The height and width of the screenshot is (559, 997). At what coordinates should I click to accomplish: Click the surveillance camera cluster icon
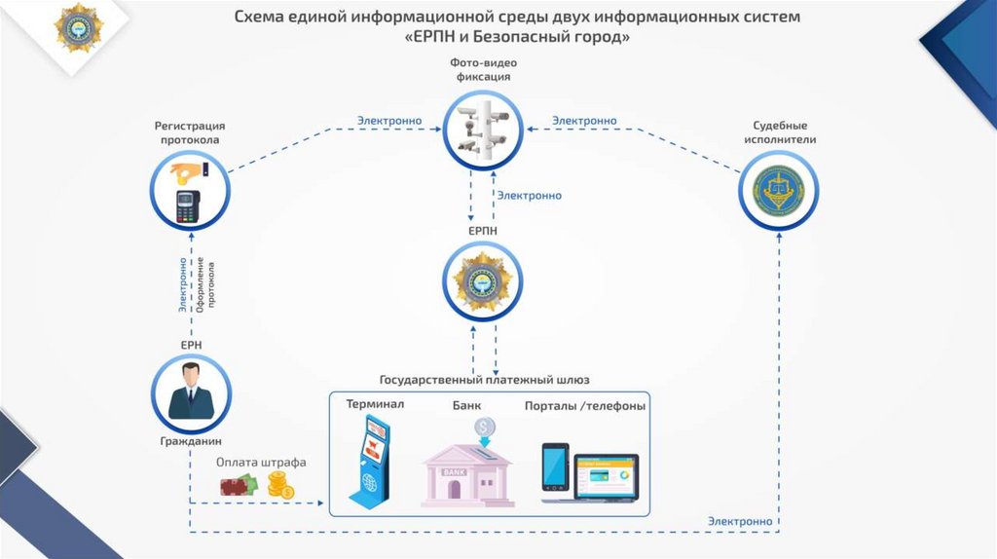(x=483, y=130)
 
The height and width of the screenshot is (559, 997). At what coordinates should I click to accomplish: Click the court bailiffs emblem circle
(x=779, y=191)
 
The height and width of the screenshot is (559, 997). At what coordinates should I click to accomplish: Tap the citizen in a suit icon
(x=191, y=392)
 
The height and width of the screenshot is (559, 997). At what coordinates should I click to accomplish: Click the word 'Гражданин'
(x=191, y=441)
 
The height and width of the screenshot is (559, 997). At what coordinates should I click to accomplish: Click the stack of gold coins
(x=280, y=485)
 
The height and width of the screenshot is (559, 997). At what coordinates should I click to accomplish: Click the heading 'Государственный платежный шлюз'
(x=484, y=379)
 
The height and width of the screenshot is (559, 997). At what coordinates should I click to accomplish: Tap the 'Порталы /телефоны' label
(x=584, y=406)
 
